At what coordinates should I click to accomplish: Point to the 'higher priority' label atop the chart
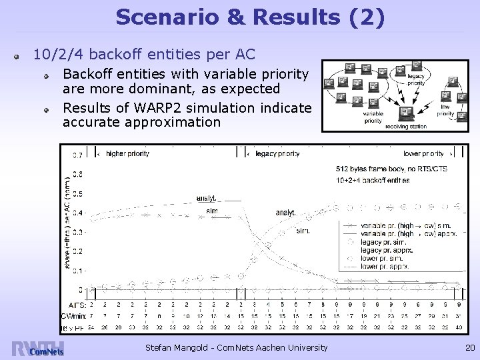tap(127, 153)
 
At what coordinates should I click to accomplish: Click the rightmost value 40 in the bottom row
tap(459, 327)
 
